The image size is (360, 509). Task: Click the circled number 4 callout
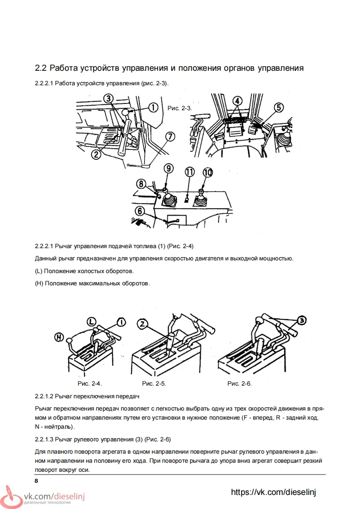coord(238,101)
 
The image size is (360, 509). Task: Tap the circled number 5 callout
coord(278,107)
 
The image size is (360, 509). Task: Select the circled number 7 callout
coord(170,136)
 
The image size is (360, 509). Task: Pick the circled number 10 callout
coord(207,172)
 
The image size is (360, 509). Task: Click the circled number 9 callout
coord(168,168)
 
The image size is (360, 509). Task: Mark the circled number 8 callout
coord(141,184)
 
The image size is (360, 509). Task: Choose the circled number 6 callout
coord(140,210)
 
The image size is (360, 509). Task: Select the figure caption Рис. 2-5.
coord(154,384)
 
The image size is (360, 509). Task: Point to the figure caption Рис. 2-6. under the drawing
coord(239,384)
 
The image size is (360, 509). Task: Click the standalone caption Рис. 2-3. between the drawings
coord(180,108)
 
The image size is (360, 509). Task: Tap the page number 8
coord(36,480)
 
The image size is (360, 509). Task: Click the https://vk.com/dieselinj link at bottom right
coord(273,492)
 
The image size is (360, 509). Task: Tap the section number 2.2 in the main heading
coord(41,69)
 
